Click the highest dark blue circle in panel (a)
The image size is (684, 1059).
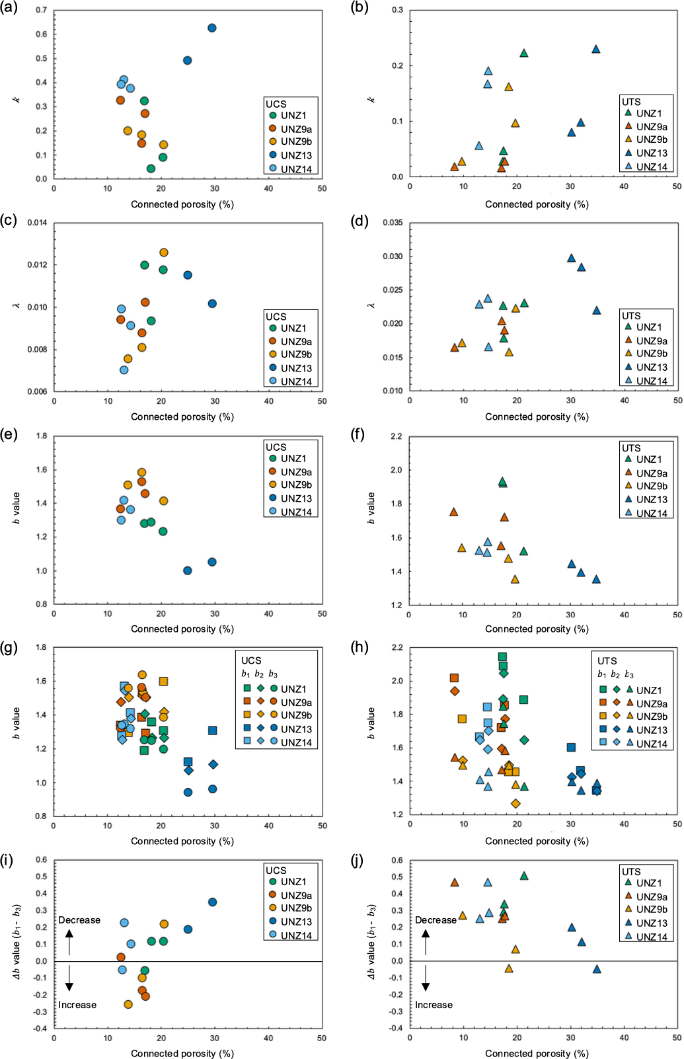[x=212, y=28]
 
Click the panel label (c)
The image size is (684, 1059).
[x=10, y=221]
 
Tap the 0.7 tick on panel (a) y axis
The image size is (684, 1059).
[x=42, y=11]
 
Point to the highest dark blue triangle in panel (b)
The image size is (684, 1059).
[x=596, y=49]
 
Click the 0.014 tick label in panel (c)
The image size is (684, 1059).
[x=37, y=223]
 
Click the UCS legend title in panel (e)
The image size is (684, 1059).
[x=276, y=448]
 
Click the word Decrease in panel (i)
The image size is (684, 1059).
[x=79, y=920]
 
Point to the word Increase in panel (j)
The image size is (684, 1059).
[x=434, y=1005]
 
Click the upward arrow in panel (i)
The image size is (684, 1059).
[x=69, y=942]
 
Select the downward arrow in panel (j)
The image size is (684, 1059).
[x=426, y=978]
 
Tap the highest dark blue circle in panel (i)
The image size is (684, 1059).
[x=212, y=902]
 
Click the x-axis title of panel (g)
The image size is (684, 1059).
[x=182, y=841]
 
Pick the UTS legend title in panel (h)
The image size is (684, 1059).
[x=607, y=661]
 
